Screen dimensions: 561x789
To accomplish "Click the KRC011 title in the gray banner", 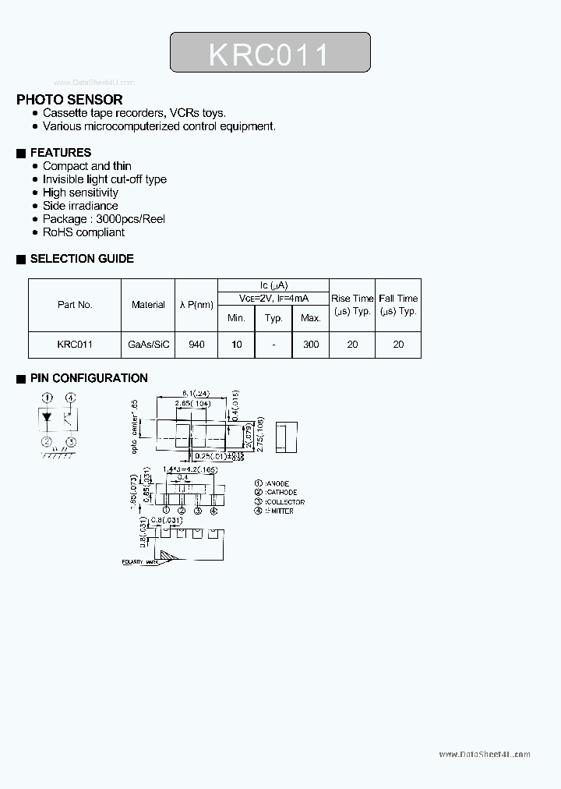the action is (270, 54).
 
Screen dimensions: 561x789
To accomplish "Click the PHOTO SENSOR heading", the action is (69, 100).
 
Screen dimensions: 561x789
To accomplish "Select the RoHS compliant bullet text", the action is (83, 232).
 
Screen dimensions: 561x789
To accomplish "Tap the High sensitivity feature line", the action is (80, 193).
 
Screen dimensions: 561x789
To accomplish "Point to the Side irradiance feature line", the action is (80, 206).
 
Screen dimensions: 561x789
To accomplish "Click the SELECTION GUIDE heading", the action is (81, 259).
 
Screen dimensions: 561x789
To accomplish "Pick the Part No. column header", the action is (75, 305).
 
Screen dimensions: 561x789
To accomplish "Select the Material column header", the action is (148, 305).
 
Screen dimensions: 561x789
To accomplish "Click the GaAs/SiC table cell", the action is (148, 344).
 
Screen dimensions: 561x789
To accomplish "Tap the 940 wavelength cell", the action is (196, 344).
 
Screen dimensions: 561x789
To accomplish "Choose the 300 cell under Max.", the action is (310, 344).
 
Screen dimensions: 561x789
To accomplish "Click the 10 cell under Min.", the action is (237, 344).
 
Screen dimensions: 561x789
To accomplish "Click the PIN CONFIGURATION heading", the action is (88, 378).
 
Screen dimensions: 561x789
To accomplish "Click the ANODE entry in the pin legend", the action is (275, 483).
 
